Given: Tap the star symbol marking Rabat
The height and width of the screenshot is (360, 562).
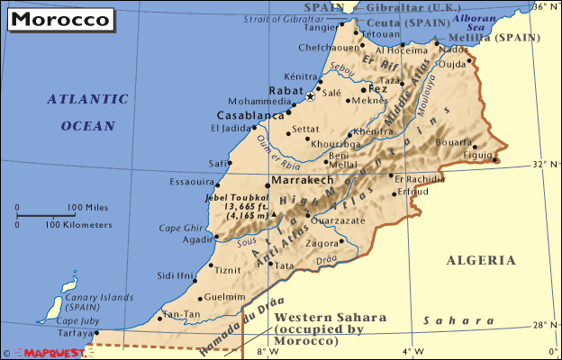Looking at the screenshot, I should (x=310, y=95).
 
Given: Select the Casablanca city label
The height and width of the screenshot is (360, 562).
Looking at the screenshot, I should (x=250, y=115).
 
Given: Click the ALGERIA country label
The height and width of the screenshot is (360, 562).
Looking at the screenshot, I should (x=481, y=260).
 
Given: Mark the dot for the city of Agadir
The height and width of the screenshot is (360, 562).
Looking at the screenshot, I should (x=216, y=238).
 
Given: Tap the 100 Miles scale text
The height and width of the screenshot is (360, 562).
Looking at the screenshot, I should (x=88, y=208).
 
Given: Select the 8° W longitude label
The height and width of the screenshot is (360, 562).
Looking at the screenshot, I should (x=261, y=351).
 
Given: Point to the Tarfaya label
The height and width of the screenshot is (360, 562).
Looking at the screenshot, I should (x=51, y=332).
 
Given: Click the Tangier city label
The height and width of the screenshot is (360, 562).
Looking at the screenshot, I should (x=325, y=26).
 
